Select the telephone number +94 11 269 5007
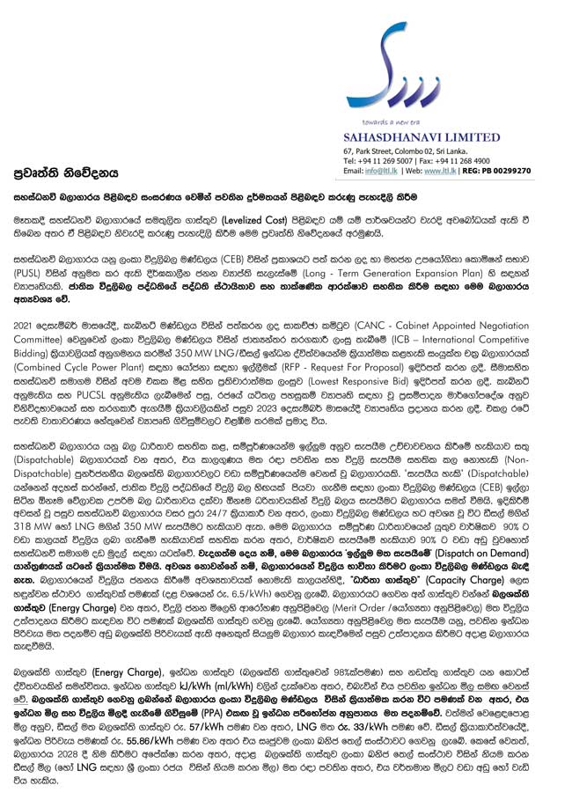[388, 161]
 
